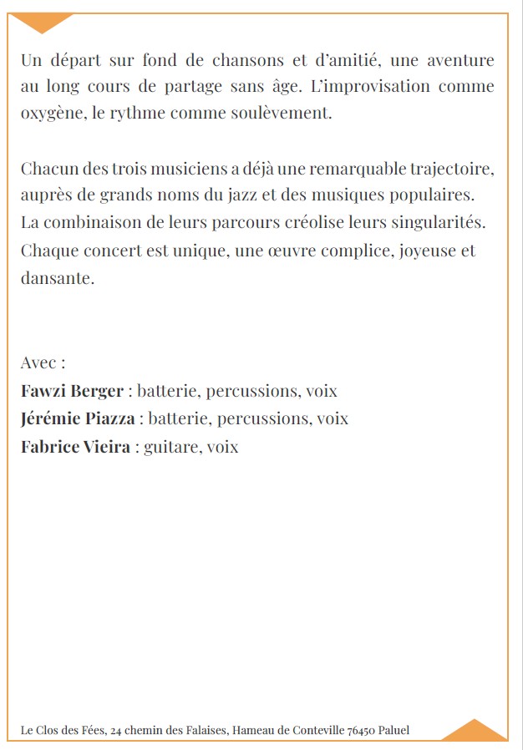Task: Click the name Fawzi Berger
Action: [72, 391]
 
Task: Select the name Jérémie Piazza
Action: [77, 418]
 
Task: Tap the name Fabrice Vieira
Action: [75, 447]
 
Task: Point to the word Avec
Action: [38, 363]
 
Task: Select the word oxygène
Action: [50, 114]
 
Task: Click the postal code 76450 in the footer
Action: [361, 731]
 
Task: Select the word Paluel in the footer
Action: [394, 731]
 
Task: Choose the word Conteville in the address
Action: [317, 731]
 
